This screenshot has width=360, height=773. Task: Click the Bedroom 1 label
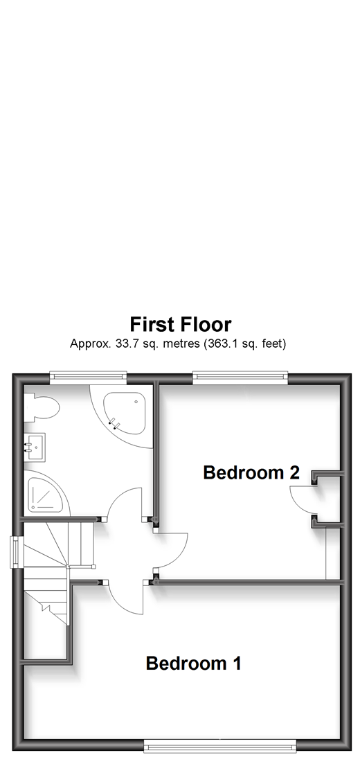pos(193,664)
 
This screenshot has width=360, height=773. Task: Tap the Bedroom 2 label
pos(251,472)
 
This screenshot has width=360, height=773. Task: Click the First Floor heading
pos(180,324)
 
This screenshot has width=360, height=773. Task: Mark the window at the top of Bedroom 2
pos(240,377)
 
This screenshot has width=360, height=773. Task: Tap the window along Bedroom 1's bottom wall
pos(220,745)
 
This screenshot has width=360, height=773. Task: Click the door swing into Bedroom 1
pos(129,597)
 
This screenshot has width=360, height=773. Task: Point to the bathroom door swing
pos(126,505)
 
